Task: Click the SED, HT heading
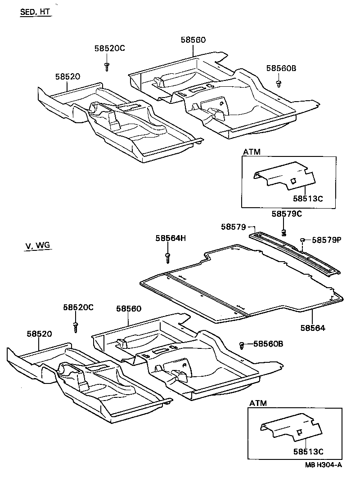point(35,12)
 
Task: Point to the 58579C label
point(287,214)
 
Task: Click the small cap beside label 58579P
point(303,240)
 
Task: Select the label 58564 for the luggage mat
point(313,328)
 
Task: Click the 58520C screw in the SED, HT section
point(107,67)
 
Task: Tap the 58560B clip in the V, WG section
point(242,345)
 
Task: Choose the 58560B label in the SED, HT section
point(281,68)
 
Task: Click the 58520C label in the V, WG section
point(78,307)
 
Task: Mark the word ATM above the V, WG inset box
point(258,403)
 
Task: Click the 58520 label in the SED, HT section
point(67,77)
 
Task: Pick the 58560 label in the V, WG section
point(129,309)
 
